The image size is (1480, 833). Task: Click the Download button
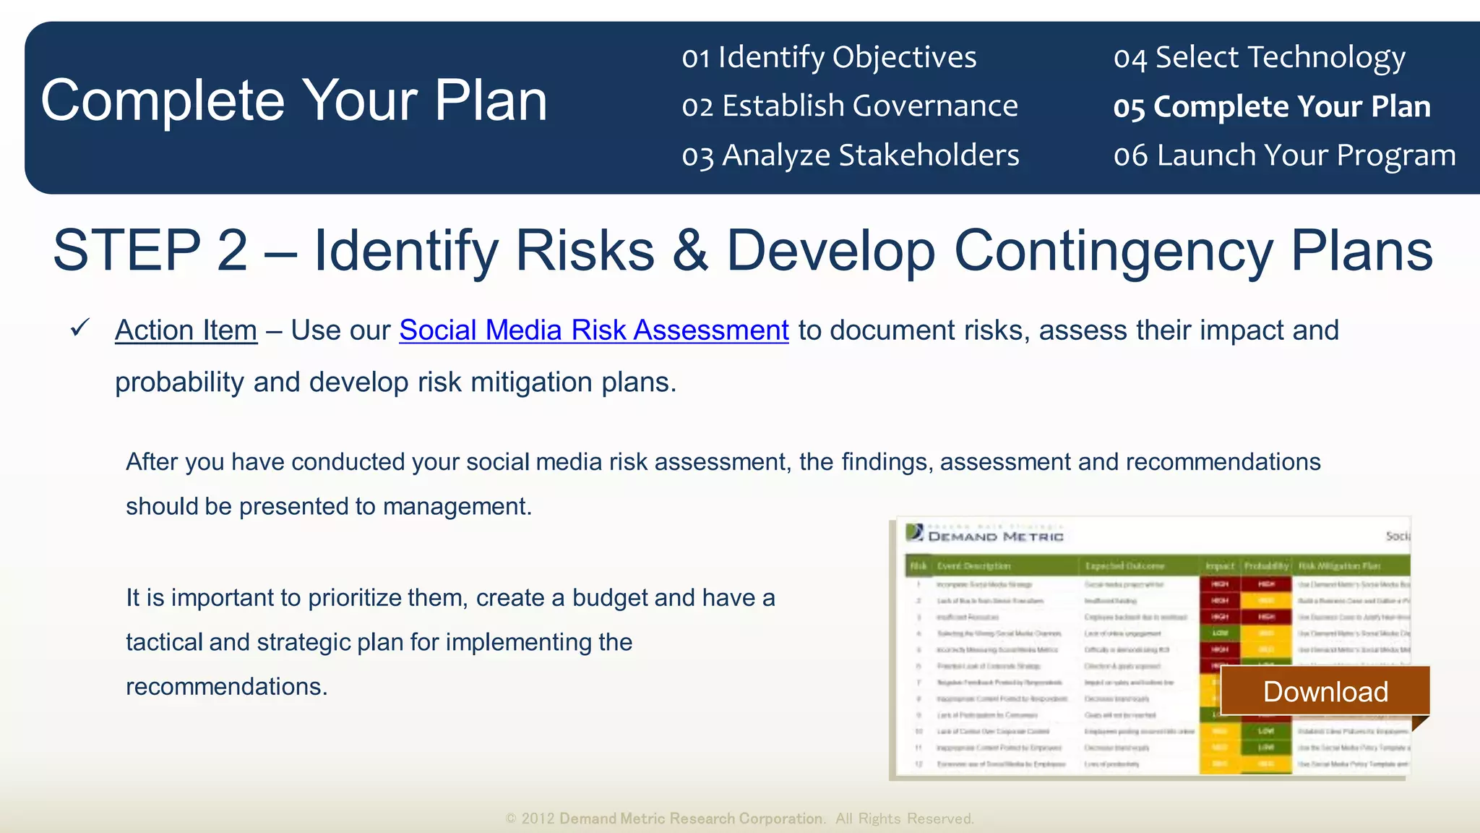[1325, 691]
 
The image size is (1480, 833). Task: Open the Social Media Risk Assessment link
[593, 330]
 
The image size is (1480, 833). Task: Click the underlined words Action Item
[186, 330]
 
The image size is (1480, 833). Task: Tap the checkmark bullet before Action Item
[79, 328]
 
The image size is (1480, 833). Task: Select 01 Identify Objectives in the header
[829, 57]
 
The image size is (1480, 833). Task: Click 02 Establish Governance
[849, 106]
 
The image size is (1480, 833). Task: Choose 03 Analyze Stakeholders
[850, 155]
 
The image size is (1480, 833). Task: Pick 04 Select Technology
[1259, 57]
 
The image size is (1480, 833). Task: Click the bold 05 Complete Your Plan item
[1271, 106]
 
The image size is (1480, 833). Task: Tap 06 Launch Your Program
[1284, 155]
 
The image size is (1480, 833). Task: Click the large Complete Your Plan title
[293, 101]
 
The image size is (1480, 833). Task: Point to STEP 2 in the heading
[150, 250]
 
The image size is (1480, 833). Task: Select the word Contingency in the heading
[1113, 250]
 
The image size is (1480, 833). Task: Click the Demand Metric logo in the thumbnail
[984, 534]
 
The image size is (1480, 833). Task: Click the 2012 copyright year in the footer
[538, 819]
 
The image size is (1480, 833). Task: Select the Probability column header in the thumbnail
[1266, 565]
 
